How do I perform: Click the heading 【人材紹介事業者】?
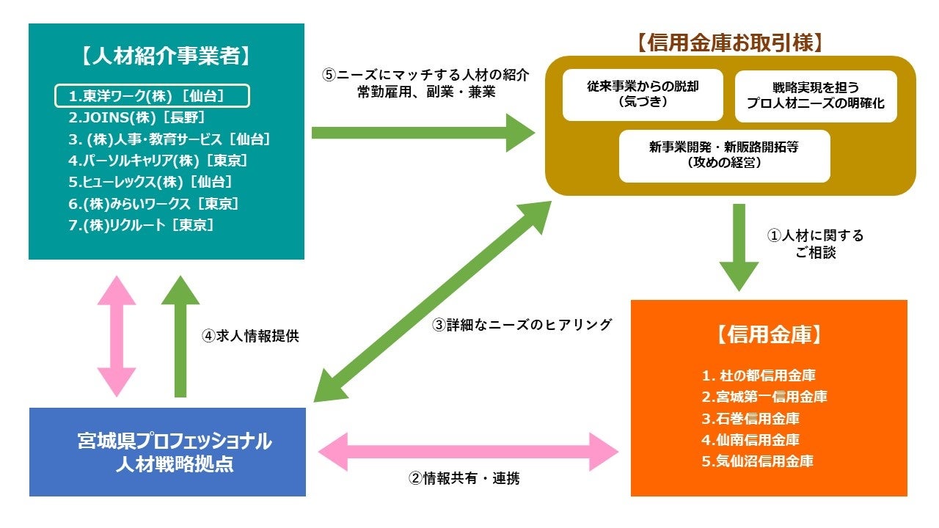166,54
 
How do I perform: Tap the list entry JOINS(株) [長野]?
136,117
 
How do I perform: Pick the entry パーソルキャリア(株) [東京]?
157,161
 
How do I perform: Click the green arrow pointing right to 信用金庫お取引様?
423,133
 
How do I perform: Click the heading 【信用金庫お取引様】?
730,43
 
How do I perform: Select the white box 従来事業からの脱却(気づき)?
643,95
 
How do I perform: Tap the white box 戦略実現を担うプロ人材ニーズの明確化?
816,96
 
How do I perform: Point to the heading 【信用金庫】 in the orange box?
769,334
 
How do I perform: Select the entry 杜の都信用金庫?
759,376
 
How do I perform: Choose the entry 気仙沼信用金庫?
757,461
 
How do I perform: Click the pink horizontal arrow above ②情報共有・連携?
468,450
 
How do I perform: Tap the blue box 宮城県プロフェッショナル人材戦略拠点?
167,452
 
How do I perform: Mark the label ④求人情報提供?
250,337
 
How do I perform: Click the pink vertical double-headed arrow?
117,336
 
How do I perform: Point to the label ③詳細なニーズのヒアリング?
522,324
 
